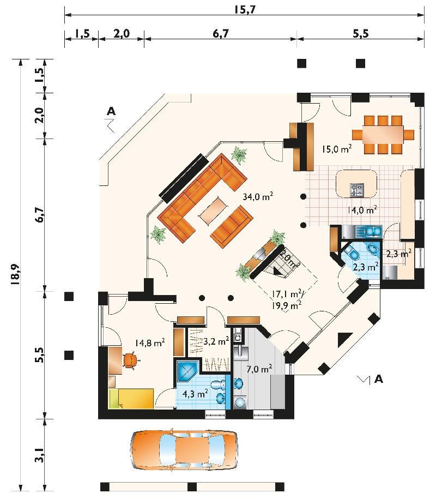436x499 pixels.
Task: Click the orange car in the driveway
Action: click(x=184, y=450)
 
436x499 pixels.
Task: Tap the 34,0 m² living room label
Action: click(x=258, y=197)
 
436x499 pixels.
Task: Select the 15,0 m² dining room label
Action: click(x=336, y=149)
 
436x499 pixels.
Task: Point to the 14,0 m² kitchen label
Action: click(x=362, y=210)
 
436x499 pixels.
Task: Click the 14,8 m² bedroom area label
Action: click(x=149, y=342)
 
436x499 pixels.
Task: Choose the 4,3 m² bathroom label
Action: click(x=195, y=394)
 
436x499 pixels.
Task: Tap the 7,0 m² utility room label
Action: click(x=259, y=369)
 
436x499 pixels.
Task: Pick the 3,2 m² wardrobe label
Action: click(x=216, y=341)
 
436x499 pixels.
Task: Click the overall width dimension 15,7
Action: click(x=245, y=10)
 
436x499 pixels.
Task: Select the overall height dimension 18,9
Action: click(x=15, y=273)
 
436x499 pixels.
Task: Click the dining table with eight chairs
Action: click(x=383, y=135)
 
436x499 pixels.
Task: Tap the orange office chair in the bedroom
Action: click(x=131, y=360)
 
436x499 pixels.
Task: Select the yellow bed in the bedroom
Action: click(x=132, y=398)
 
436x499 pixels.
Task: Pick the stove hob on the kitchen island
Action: click(x=357, y=190)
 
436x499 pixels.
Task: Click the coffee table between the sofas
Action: click(x=214, y=210)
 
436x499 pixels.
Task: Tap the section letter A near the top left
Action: click(x=111, y=111)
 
